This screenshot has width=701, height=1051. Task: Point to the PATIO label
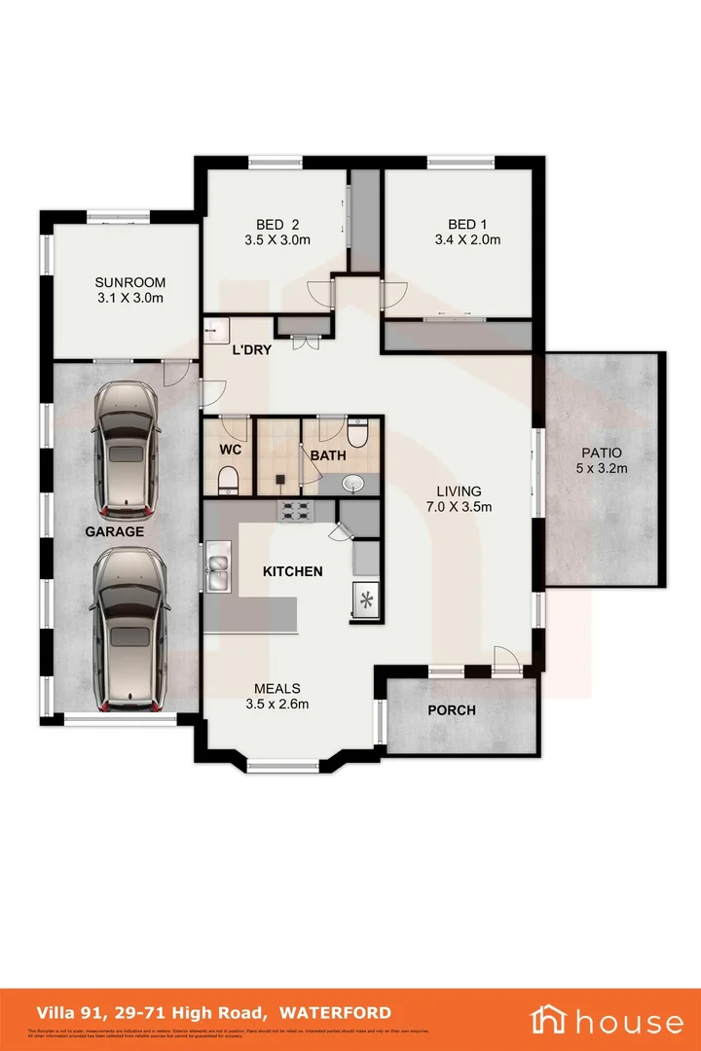(601, 453)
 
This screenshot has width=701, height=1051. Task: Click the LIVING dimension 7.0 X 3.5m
(459, 507)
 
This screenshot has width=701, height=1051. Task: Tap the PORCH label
(452, 710)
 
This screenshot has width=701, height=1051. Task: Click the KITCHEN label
(292, 571)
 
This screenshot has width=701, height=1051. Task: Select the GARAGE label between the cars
(113, 532)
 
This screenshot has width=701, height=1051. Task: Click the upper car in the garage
(124, 449)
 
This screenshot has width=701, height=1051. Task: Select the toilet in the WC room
(228, 479)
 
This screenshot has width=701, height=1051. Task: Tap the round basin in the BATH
(352, 483)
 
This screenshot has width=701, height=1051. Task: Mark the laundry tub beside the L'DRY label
(215, 331)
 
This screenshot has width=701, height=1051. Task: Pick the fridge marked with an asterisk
(366, 599)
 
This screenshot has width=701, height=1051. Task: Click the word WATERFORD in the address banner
(336, 1013)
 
